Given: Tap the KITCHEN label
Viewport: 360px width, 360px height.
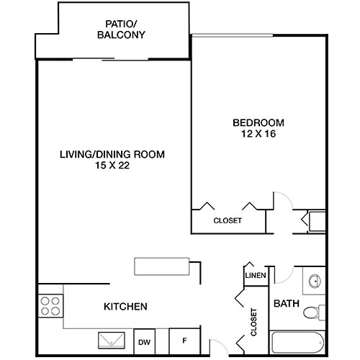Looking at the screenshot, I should (x=126, y=307).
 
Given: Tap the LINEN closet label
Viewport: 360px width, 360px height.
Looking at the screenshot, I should (x=256, y=276).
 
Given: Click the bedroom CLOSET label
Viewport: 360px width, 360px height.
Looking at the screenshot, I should (x=228, y=220).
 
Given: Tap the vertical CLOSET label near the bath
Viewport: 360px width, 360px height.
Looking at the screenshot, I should (x=254, y=323).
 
